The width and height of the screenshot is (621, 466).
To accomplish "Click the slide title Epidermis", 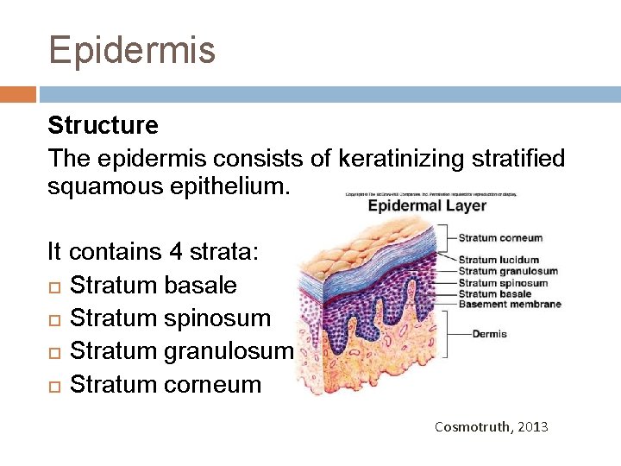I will (x=132, y=50).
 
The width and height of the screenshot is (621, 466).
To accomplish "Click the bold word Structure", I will (x=103, y=126).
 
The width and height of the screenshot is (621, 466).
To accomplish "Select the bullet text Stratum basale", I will (x=153, y=286).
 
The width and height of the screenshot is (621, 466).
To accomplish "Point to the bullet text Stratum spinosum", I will (x=170, y=318).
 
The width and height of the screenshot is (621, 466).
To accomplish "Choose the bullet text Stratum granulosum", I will (x=182, y=351).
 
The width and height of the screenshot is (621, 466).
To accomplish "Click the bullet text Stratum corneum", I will (x=165, y=384).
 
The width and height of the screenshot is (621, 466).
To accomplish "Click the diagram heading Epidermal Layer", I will (x=427, y=206).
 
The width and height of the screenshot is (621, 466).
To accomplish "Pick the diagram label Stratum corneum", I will (x=500, y=238).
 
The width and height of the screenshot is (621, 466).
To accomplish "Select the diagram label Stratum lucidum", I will (x=499, y=260).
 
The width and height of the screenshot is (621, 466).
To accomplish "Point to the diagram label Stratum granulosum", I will (x=508, y=271).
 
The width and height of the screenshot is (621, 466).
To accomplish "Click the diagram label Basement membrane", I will (x=510, y=304).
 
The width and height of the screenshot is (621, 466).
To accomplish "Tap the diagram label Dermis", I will (x=490, y=334).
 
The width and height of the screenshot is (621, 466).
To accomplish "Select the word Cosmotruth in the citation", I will (x=471, y=427).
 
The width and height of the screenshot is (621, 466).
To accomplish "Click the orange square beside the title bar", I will (x=17, y=93).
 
